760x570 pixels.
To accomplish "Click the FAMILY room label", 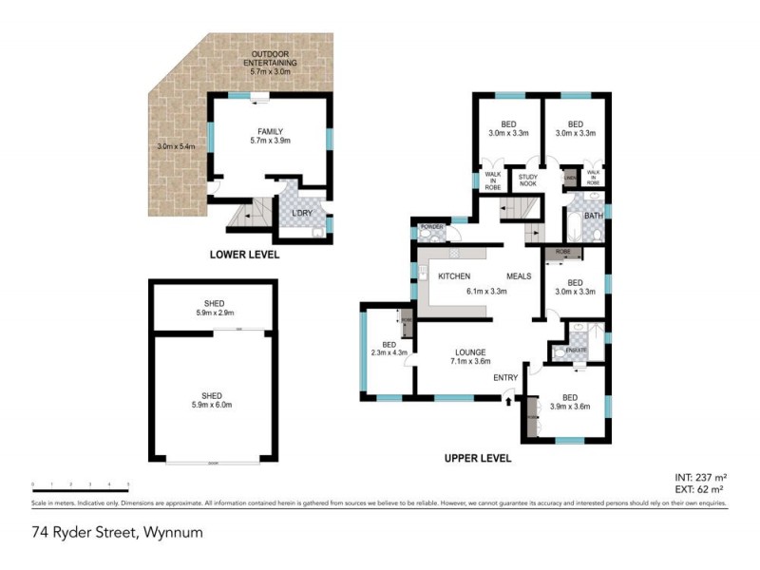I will pos(271,132).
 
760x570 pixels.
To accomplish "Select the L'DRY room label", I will pos(302,213).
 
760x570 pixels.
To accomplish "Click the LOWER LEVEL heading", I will pos(245,256).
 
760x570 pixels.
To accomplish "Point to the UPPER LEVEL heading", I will pos(478,458).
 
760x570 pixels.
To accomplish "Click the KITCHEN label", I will pos(454,276).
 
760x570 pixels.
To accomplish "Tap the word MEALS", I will pos(518,276).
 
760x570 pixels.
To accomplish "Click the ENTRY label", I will pos(504,377).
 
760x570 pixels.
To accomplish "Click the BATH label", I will pos(594,216).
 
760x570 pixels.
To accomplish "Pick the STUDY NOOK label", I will pos(527,180).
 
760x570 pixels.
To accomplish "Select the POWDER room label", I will pos(433,227).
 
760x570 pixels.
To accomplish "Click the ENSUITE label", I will pos(577,351).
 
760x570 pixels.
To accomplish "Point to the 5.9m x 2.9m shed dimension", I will pos(214,313).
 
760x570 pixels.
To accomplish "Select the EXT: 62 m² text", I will pos(700,490).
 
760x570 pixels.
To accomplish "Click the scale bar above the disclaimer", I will pos(80,485).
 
